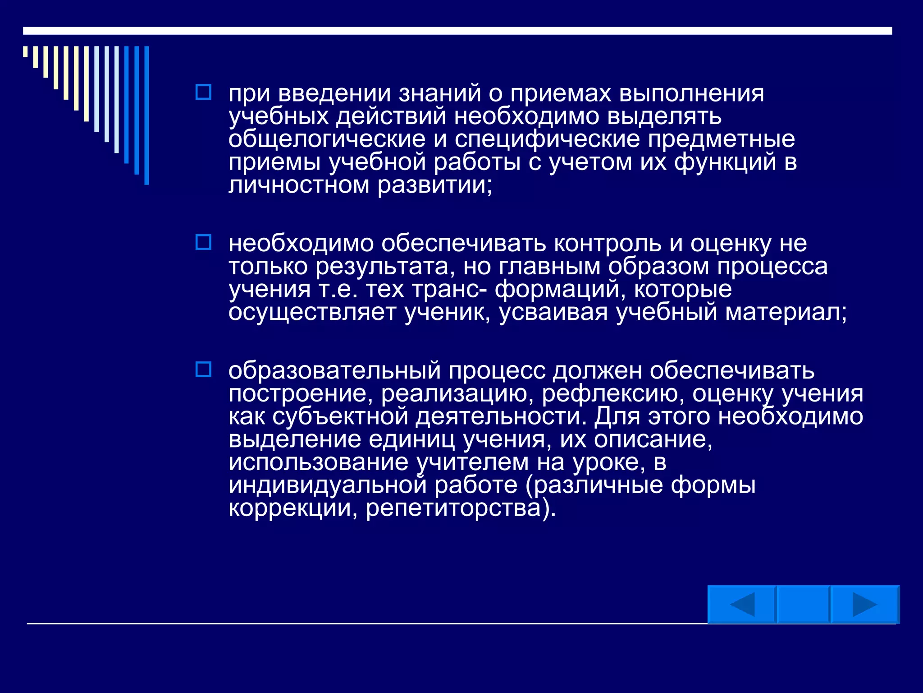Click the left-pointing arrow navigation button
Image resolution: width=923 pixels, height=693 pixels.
tap(741, 605)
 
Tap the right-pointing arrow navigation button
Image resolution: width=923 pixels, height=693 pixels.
tap(864, 605)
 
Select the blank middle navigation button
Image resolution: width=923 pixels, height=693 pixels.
tap(803, 605)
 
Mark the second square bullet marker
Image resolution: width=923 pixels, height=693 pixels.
tap(203, 242)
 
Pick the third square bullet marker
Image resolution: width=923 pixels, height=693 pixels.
tap(203, 370)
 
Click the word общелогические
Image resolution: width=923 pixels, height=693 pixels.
tap(327, 140)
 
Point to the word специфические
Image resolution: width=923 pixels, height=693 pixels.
tap(547, 140)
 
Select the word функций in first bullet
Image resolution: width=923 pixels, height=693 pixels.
tap(725, 162)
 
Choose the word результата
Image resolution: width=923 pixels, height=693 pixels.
tap(382, 267)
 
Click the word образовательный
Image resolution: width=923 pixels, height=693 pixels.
tap(334, 371)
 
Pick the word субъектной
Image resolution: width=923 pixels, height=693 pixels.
tap(340, 417)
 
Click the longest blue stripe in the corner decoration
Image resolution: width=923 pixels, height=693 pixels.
tap(146, 115)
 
